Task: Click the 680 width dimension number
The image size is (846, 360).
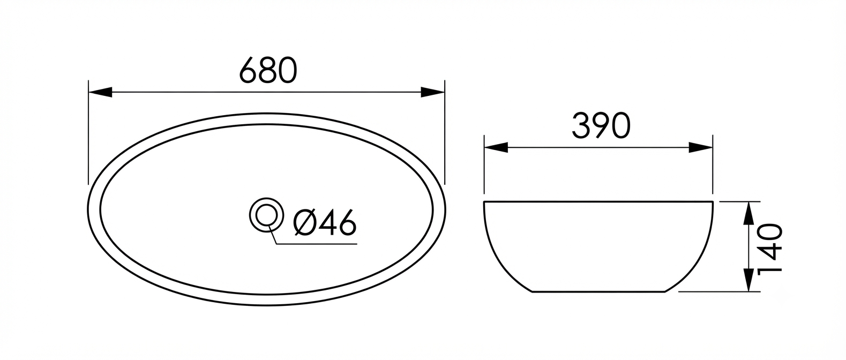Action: click(268, 70)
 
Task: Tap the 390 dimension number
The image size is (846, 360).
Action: click(601, 126)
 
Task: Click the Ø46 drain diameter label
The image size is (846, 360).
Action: click(325, 222)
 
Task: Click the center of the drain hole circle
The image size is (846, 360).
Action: click(266, 214)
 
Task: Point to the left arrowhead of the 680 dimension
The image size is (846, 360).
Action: click(101, 92)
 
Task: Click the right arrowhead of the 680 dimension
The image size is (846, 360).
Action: click(432, 92)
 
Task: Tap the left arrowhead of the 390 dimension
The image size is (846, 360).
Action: click(496, 147)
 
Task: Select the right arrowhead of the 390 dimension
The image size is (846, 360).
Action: click(701, 147)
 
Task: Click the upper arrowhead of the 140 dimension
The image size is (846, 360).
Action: click(748, 213)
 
